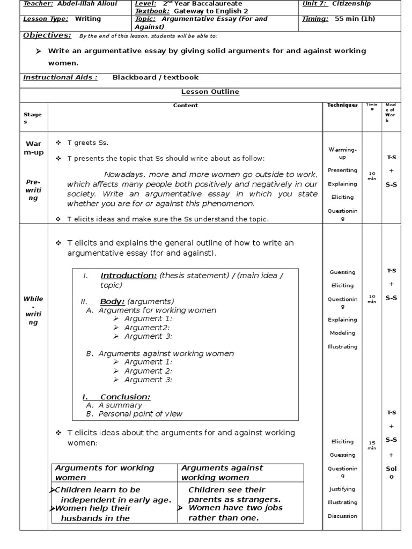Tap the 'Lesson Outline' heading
(x=210, y=92)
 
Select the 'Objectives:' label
(x=47, y=35)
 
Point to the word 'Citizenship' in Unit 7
(x=351, y=4)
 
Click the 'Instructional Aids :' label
(x=60, y=77)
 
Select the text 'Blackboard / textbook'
(x=155, y=77)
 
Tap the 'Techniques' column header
(x=342, y=105)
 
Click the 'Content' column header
(x=185, y=106)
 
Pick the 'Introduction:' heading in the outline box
(x=129, y=276)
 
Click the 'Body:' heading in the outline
(x=112, y=302)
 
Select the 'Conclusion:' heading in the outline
(x=125, y=397)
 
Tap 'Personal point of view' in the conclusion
(x=140, y=414)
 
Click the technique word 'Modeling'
(x=342, y=333)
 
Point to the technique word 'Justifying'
(x=342, y=489)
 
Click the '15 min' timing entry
(x=372, y=445)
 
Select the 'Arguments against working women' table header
(x=222, y=472)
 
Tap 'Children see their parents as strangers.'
(x=234, y=494)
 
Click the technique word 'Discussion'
(x=342, y=516)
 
